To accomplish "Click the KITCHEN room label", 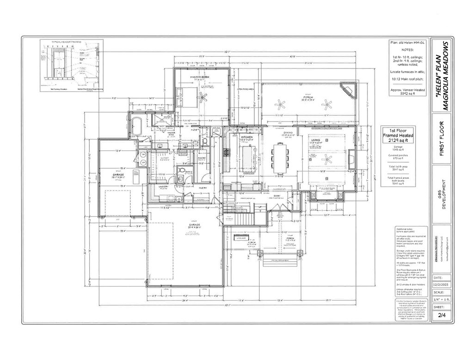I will pos(246,137).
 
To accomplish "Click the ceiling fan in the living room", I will pos(327,160).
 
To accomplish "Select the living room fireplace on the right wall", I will pos(351,159).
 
